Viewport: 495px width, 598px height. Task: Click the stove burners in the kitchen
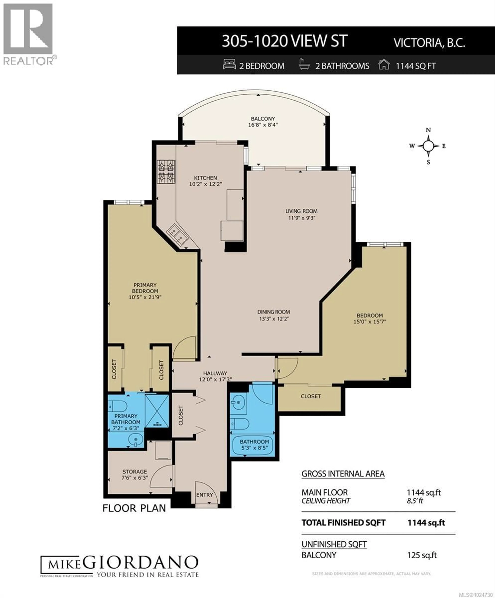tap(166, 171)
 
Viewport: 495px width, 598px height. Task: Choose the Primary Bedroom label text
tap(145, 288)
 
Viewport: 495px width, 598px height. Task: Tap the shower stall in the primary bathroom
tap(157, 410)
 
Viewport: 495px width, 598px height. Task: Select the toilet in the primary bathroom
tap(118, 406)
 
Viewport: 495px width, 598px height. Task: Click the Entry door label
tap(204, 495)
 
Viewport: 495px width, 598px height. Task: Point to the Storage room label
tap(135, 472)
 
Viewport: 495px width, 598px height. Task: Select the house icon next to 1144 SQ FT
tap(384, 65)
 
